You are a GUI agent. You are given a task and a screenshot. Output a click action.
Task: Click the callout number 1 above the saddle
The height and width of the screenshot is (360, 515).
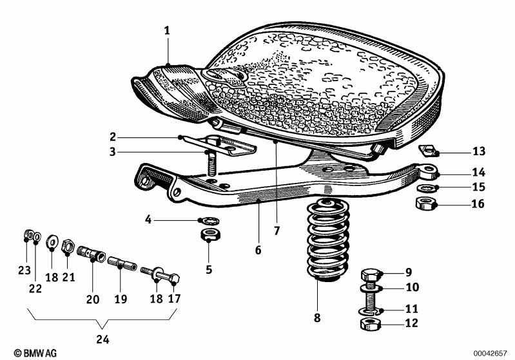pyautogui.click(x=167, y=30)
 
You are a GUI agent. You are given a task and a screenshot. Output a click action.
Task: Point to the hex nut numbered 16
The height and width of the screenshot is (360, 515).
pyautogui.click(x=425, y=205)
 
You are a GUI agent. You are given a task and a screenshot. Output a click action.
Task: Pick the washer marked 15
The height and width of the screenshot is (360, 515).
pyautogui.click(x=425, y=188)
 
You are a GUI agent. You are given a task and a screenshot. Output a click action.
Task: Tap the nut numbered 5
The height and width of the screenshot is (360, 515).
pyautogui.click(x=209, y=233)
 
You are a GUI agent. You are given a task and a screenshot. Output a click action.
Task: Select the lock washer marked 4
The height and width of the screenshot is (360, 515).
pyautogui.click(x=208, y=220)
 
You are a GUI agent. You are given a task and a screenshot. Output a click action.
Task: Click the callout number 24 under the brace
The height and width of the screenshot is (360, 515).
pyautogui.click(x=103, y=339)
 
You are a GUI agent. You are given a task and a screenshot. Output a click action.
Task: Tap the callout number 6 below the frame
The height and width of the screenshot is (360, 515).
pyautogui.click(x=258, y=250)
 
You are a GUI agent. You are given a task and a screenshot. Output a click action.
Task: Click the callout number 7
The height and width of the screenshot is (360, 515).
pyautogui.click(x=278, y=230)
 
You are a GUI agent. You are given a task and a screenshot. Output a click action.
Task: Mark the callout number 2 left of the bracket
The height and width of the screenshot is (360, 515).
pyautogui.click(x=112, y=137)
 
